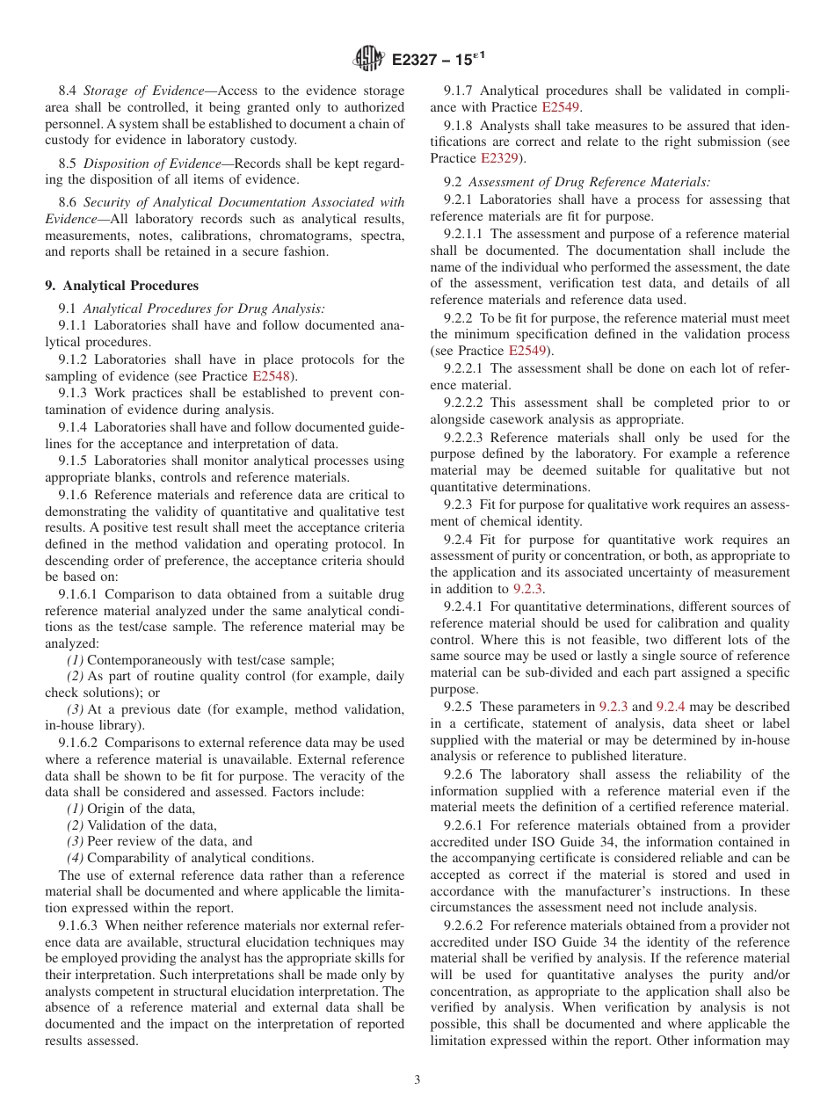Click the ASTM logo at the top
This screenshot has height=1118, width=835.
tap(368, 59)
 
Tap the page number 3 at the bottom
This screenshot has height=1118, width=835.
tap(417, 1079)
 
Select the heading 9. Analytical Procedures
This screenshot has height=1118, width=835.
tap(121, 286)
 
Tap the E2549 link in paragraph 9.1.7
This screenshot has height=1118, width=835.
tap(561, 107)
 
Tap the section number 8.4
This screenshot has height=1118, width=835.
tap(68, 91)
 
